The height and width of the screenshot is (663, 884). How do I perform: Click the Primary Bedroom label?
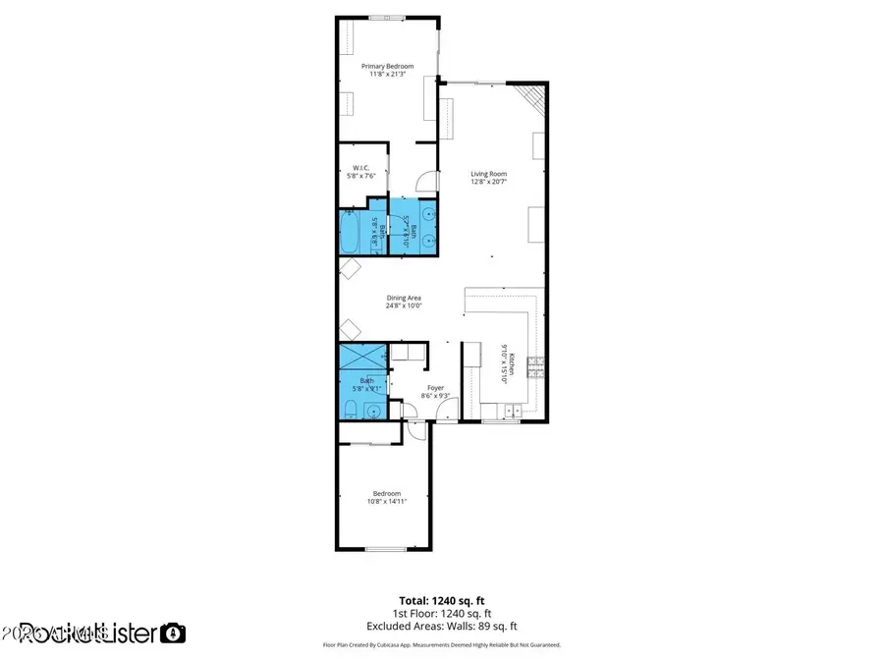(386, 66)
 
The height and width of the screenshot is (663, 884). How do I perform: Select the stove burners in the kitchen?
(536, 368)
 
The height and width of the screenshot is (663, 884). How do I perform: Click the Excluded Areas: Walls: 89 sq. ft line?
(441, 626)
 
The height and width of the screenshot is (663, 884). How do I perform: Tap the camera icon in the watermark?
(173, 633)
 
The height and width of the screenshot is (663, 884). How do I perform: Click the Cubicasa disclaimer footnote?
(441, 645)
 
